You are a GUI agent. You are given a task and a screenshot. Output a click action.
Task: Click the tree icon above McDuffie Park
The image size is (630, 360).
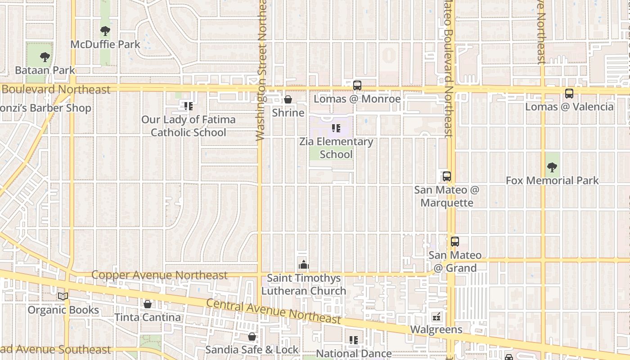tap(105, 31)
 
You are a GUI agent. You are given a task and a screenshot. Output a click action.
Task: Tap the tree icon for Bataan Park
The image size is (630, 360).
tap(45, 57)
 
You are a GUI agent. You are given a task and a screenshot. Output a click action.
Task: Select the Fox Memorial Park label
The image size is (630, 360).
tap(552, 180)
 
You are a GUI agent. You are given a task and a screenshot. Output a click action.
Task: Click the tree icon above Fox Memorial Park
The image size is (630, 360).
tap(552, 167)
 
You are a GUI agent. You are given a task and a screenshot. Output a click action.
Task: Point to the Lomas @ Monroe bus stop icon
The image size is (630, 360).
tap(357, 85)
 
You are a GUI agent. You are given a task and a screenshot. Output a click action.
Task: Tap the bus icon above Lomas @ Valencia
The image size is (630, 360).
tap(569, 94)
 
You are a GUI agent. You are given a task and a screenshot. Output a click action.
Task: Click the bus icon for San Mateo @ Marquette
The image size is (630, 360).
tap(446, 176)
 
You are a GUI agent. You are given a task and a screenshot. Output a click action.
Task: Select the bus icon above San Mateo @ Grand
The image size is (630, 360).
tap(455, 242)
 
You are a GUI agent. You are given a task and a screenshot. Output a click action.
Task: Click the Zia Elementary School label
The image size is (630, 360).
tap(337, 148)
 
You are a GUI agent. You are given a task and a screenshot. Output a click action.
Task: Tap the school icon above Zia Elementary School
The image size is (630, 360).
tap(336, 128)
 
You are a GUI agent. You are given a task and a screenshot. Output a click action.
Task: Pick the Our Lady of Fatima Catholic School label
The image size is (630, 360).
tap(188, 126)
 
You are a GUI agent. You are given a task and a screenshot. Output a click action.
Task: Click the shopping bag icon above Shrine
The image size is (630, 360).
tap(288, 99)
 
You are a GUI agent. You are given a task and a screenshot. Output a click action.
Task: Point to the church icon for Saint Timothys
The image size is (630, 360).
tap(304, 264)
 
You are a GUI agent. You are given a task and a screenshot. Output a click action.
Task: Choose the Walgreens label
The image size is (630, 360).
tap(436, 329)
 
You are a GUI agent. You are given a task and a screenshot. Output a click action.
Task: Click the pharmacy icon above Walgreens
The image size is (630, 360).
tap(436, 317)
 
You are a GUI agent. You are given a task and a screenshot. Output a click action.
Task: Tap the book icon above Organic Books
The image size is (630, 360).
tap(63, 296)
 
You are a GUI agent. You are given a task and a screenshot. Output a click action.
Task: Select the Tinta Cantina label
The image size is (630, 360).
tap(148, 317)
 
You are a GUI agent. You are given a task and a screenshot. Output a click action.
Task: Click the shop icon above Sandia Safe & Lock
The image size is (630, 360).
tap(252, 337)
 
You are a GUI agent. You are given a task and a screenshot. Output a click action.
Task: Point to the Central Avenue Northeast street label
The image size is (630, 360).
tap(273, 311)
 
